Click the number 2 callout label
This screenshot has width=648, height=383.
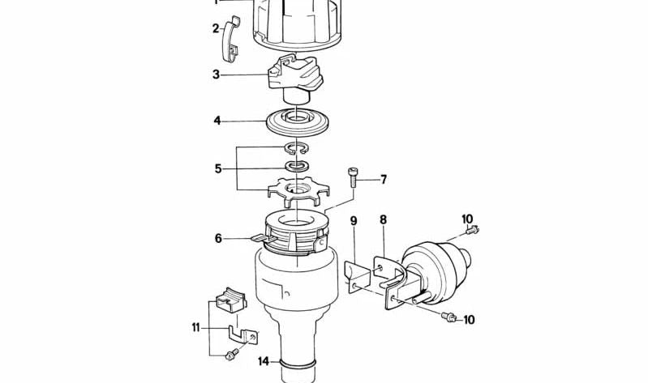point(216,28)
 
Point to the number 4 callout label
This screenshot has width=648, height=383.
point(217,121)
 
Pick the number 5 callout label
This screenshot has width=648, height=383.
point(217,168)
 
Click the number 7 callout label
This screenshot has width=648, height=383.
point(384,180)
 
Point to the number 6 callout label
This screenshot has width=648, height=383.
point(217,238)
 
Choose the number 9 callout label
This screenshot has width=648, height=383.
point(354,220)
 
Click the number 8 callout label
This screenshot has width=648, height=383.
point(383,219)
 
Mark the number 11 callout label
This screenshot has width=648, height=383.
point(195,327)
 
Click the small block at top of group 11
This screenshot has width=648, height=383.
point(230,299)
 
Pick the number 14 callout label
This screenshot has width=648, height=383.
point(263,361)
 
